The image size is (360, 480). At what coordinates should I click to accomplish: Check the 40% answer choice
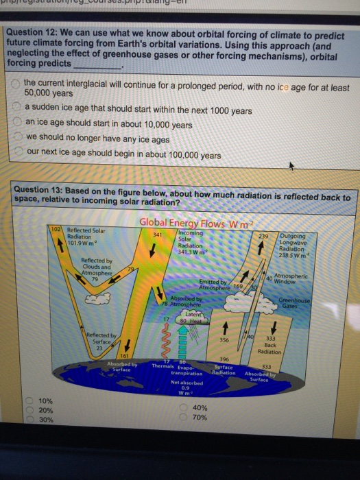184,407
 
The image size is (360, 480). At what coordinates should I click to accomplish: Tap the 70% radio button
184,417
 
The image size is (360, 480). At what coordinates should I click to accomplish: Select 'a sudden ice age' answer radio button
16,110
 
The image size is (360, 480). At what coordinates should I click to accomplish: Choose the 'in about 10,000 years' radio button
16,124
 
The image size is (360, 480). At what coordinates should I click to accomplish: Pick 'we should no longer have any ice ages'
16,140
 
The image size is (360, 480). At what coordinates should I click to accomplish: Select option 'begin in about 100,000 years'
16,155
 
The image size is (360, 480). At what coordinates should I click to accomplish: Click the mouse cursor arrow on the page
293,167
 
